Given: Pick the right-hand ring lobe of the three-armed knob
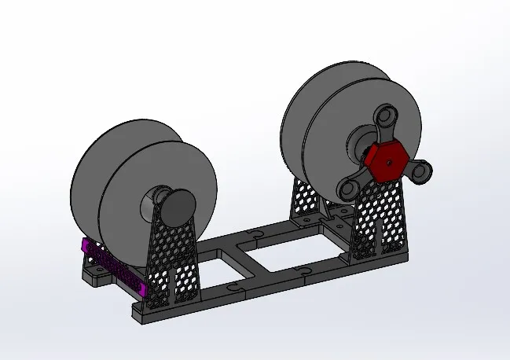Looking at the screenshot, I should click(423, 171).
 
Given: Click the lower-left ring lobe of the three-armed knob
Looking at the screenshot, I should click(347, 189).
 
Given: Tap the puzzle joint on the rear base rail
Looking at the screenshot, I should click(256, 233).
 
